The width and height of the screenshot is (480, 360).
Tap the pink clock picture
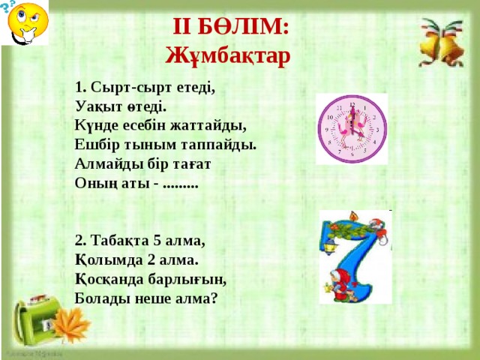pyautogui.click(x=351, y=129)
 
